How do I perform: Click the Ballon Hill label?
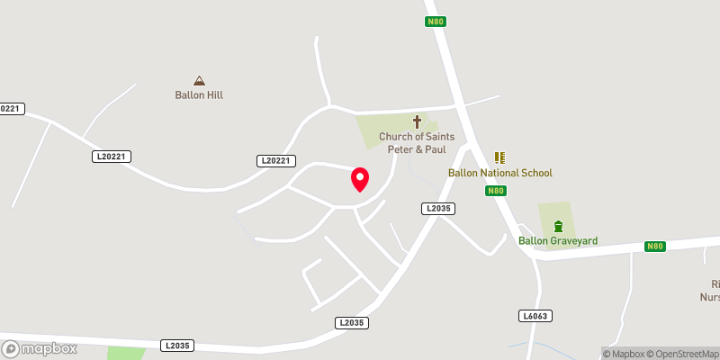pos(199,94)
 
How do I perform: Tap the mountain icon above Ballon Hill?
pos(199,80)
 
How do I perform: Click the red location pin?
pos(359,180)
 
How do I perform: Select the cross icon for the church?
pos(417,121)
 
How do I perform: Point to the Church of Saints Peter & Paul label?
pos(417,142)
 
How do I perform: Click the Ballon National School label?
pos(500,173)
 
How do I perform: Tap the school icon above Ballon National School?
pos(500,157)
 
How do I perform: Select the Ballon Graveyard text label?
pos(558,240)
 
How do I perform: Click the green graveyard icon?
pos(558,225)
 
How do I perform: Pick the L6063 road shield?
pos(535,316)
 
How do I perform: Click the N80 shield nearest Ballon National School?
pos(496,191)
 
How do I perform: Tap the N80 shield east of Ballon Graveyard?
pos(654,247)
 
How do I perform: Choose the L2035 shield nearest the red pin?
pos(437,209)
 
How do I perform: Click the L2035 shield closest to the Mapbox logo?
pos(177,345)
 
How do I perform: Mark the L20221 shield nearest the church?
pos(276,161)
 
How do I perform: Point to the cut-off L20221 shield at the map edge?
pos(10,109)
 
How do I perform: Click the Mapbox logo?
pos(38,348)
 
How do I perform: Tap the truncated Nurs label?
pos(710,296)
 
